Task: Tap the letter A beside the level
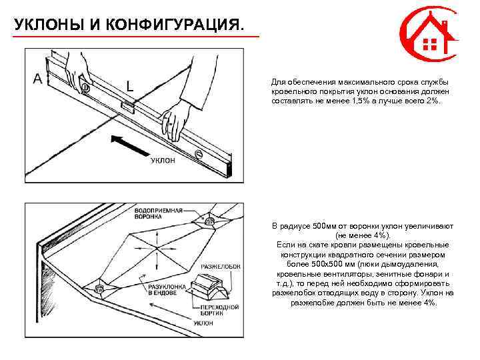tap(38, 79)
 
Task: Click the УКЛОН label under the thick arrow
tap(163, 161)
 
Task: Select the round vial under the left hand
tap(85, 87)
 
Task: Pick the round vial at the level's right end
tap(198, 155)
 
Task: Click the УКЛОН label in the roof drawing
tap(203, 323)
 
